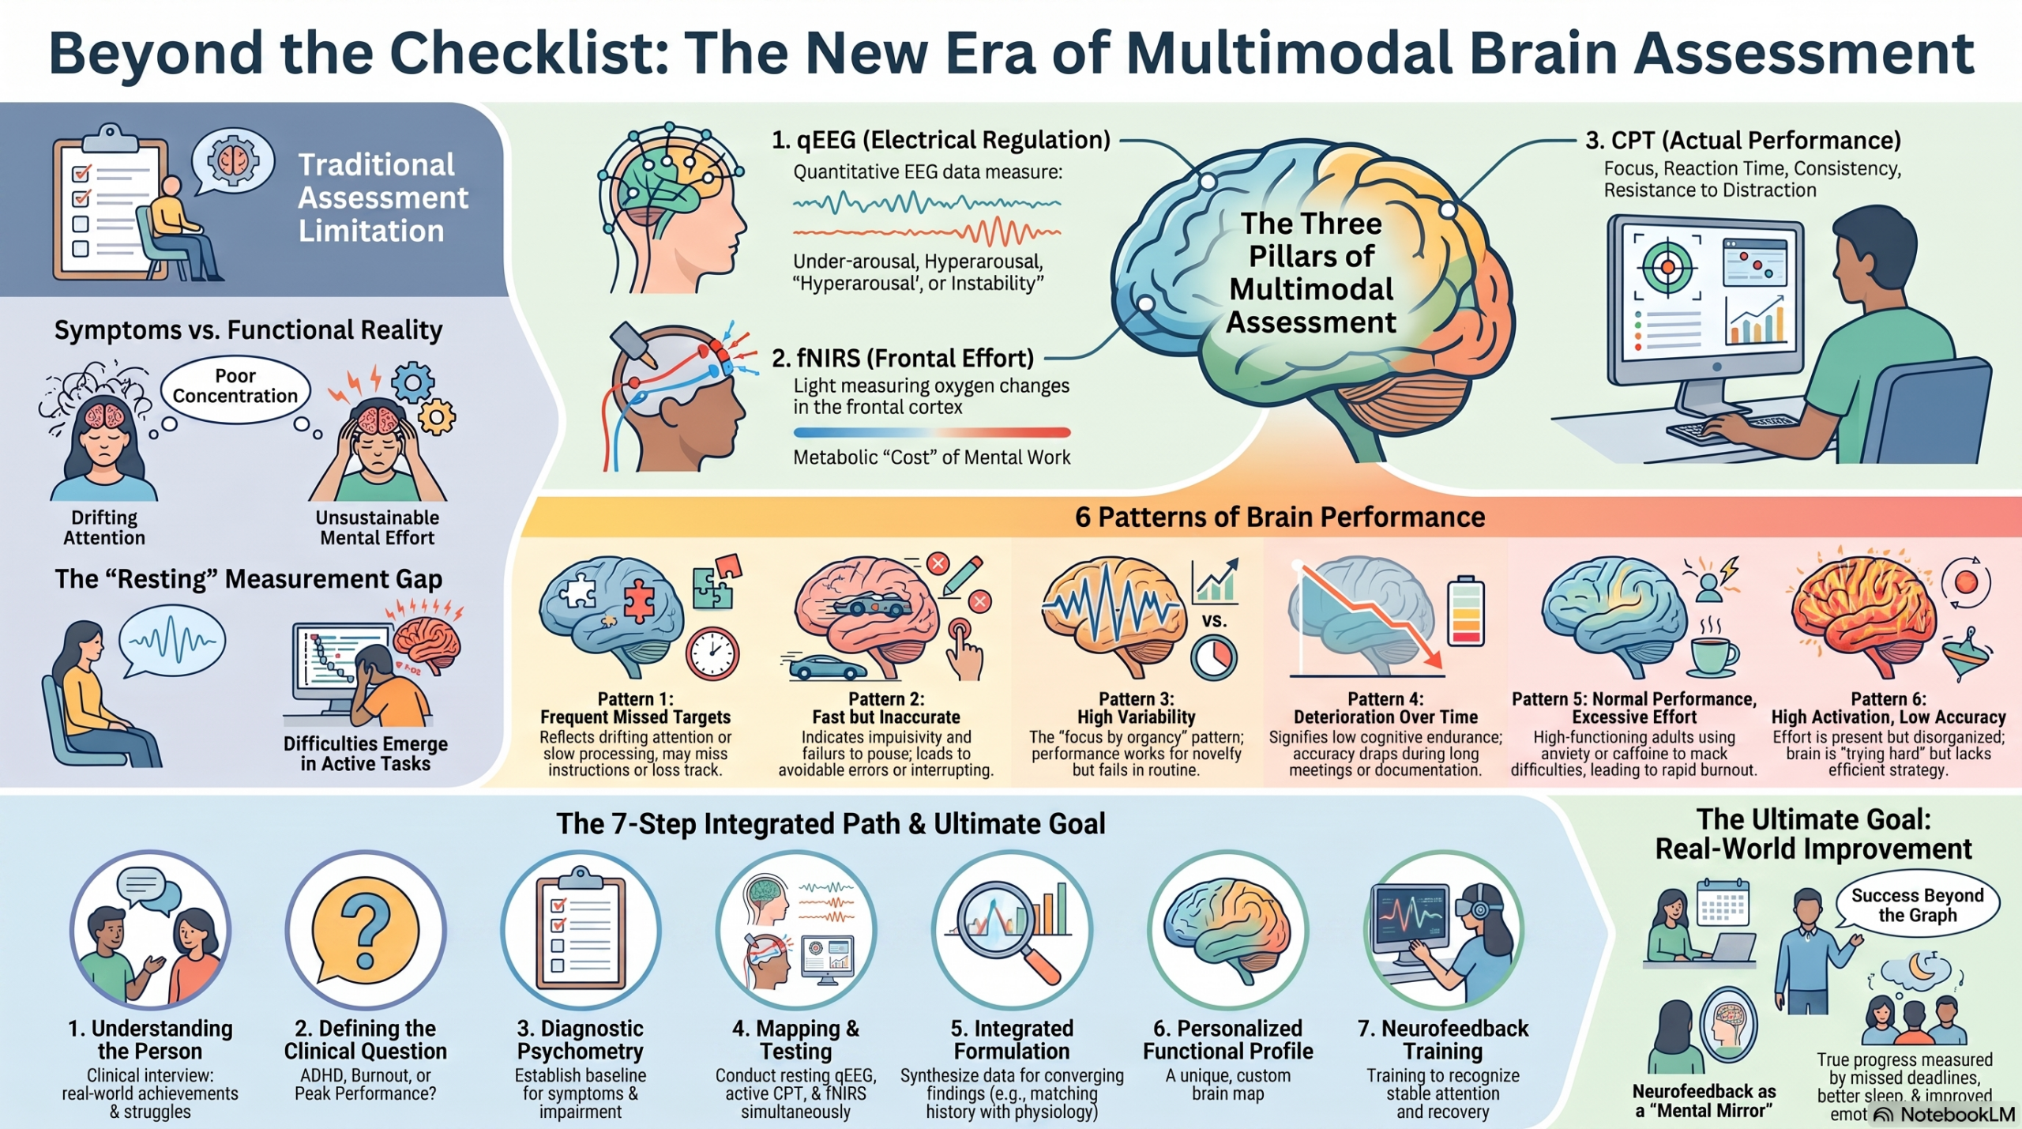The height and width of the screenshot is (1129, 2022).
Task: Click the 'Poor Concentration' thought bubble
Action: pyautogui.click(x=235, y=389)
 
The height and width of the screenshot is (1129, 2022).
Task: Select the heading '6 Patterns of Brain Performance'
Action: pyautogui.click(x=1280, y=517)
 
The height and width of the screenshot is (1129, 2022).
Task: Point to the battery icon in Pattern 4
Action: pyautogui.click(x=1466, y=611)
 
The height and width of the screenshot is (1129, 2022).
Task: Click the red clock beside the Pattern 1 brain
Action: pyautogui.click(x=712, y=653)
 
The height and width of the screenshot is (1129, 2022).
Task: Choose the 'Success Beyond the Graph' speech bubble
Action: pyautogui.click(x=1918, y=905)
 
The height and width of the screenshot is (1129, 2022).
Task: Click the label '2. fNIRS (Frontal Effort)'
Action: pyautogui.click(x=903, y=358)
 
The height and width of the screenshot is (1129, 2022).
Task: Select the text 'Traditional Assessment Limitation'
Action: pyautogui.click(x=382, y=198)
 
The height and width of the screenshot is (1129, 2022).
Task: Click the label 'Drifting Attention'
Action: pyautogui.click(x=104, y=528)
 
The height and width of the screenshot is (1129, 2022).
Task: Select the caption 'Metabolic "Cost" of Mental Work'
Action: pyautogui.click(x=932, y=457)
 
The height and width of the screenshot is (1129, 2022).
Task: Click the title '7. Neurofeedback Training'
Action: pyautogui.click(x=1443, y=1040)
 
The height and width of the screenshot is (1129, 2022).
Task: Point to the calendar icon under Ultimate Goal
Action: pyautogui.click(x=1723, y=902)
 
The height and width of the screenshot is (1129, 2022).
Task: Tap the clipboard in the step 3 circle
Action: pyautogui.click(x=581, y=929)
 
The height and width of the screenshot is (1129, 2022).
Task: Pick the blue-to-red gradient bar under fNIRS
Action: pyautogui.click(x=932, y=432)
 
